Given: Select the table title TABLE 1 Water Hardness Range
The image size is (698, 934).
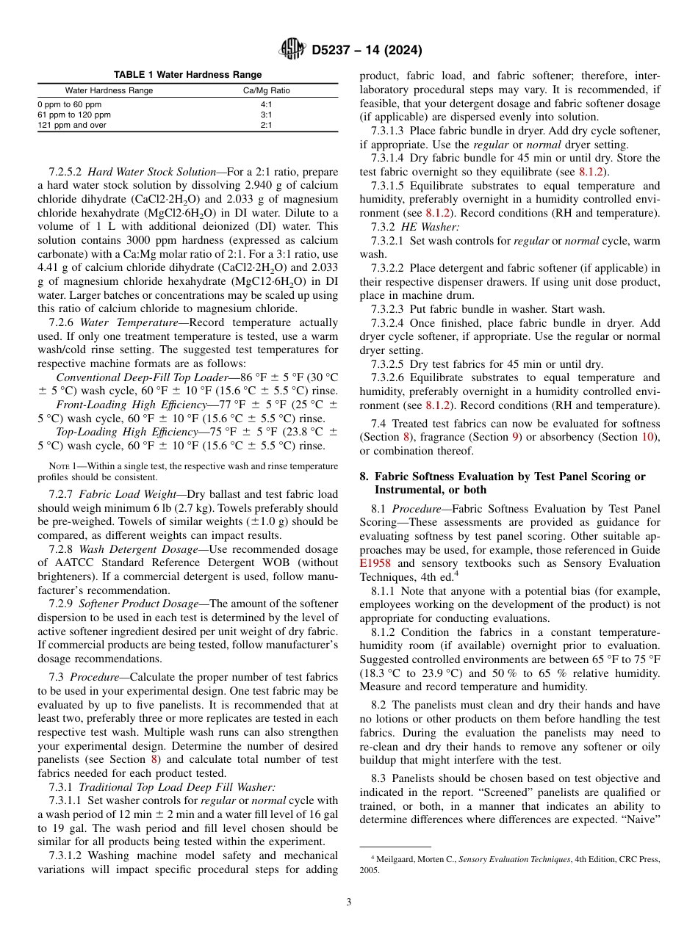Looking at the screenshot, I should tap(187, 75).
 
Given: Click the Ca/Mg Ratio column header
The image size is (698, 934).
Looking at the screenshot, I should tap(266, 91).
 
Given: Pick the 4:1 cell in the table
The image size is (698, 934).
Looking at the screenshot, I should tap(266, 105).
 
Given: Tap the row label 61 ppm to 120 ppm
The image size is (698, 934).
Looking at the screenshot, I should tap(74, 115).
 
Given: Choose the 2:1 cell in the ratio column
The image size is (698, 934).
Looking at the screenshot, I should tap(266, 126).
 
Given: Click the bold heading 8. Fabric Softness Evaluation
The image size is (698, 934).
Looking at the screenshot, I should tap(503, 477).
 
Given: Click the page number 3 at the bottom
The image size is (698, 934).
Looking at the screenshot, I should tap(349, 902).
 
